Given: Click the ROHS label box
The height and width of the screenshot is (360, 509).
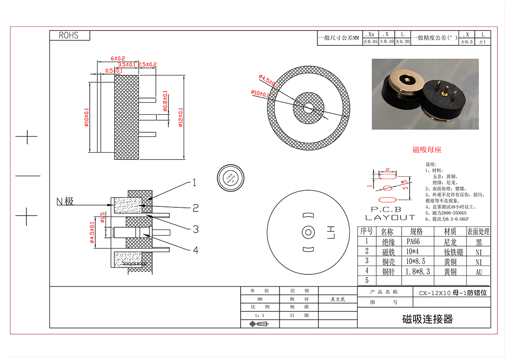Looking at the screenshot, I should (x=69, y=36).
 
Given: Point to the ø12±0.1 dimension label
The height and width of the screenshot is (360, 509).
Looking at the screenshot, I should (x=180, y=118).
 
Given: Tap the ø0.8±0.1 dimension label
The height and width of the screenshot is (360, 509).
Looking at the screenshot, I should (x=165, y=101).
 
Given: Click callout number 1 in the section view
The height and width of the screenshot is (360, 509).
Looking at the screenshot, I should (x=194, y=183).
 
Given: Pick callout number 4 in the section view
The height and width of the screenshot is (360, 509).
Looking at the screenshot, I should (x=196, y=250).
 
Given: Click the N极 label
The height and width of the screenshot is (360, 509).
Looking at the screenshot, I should (x=65, y=201).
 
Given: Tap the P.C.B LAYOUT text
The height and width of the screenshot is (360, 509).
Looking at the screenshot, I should (x=391, y=213).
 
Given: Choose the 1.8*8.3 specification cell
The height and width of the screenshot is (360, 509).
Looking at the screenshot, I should (x=417, y=272).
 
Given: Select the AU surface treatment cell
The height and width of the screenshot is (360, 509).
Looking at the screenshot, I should (x=479, y=272).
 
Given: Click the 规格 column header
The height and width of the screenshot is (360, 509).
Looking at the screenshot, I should (x=416, y=231).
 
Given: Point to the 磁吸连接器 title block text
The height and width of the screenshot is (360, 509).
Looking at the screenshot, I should (x=427, y=319).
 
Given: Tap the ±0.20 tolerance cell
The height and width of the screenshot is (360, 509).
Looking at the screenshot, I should (x=403, y=42).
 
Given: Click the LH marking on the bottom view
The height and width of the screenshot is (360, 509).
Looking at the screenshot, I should (x=330, y=232).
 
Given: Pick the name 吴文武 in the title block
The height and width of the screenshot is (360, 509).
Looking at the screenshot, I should (x=337, y=299).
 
